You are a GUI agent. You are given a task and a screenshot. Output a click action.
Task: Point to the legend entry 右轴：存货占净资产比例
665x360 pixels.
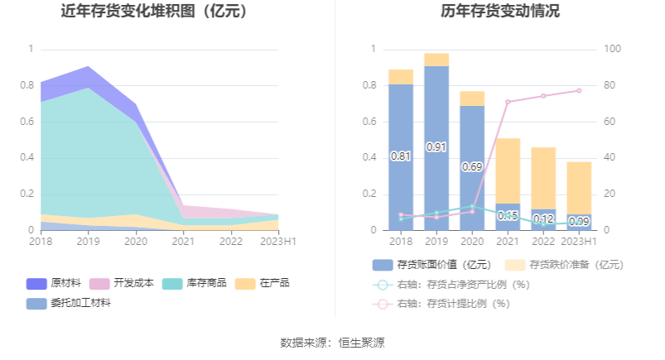tap(452, 285)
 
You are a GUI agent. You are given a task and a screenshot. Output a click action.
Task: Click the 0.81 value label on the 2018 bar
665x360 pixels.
tap(401, 156)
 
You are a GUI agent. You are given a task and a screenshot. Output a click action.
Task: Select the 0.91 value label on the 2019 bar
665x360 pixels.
tap(436, 146)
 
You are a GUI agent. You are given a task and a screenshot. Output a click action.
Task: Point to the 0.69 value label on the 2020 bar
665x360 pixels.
tap(472, 166)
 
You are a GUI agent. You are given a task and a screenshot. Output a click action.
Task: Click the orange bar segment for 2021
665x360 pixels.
tap(508, 170)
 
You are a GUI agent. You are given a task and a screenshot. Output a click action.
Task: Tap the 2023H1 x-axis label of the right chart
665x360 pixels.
tap(579, 241)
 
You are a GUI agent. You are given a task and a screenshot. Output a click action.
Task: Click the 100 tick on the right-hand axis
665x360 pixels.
tap(612, 49)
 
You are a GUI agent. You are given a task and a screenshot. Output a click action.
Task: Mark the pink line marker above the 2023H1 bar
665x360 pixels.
tap(579, 90)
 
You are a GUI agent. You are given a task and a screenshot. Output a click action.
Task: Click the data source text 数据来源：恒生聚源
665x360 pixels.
tap(332, 342)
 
